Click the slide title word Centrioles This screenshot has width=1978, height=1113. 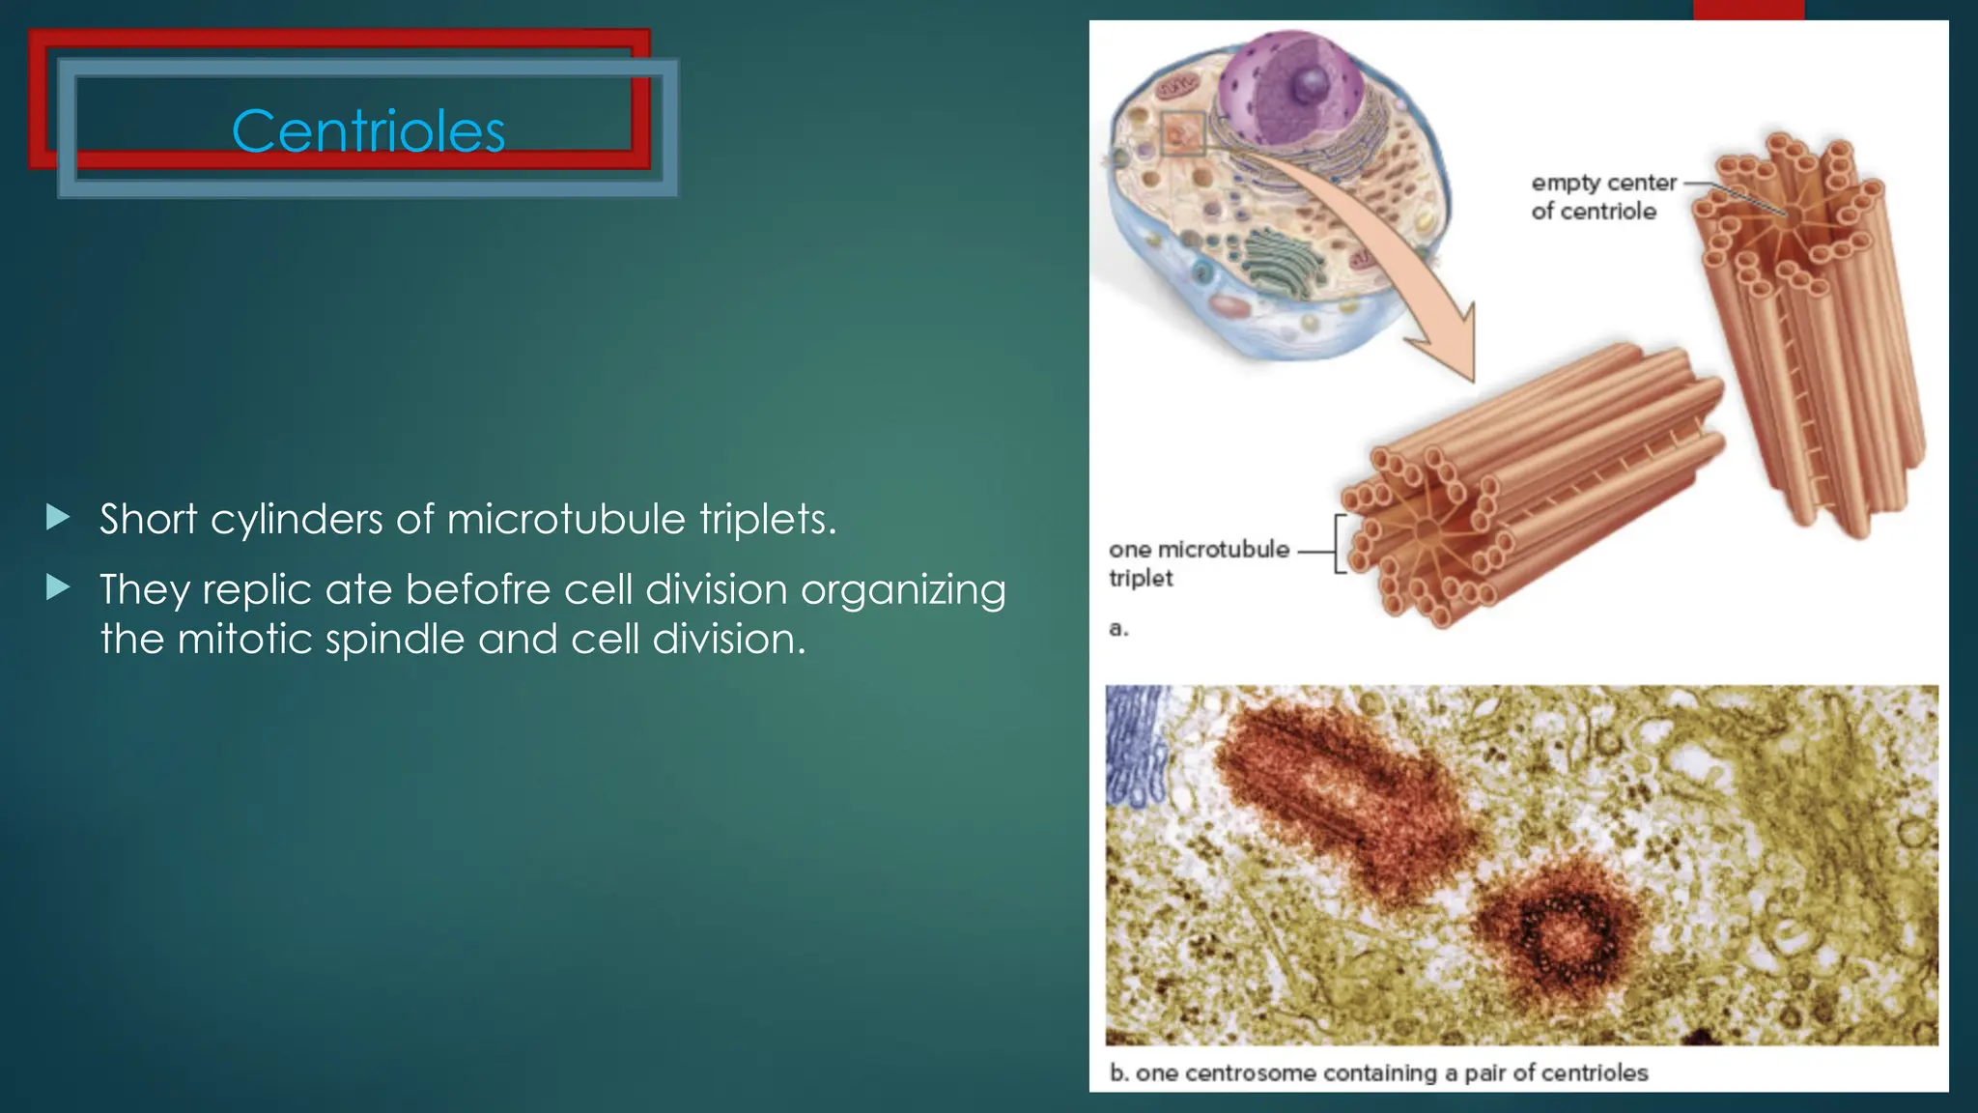click(368, 131)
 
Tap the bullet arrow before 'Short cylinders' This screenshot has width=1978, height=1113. click(58, 518)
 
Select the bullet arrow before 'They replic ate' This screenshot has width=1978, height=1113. click(58, 587)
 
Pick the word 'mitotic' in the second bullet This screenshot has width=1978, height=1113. click(244, 640)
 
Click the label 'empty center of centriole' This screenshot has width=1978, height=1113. click(1602, 197)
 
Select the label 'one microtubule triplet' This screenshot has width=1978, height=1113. click(1198, 563)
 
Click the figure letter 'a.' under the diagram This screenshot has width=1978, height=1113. click(1118, 629)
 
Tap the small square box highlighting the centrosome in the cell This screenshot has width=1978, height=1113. click(1183, 133)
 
